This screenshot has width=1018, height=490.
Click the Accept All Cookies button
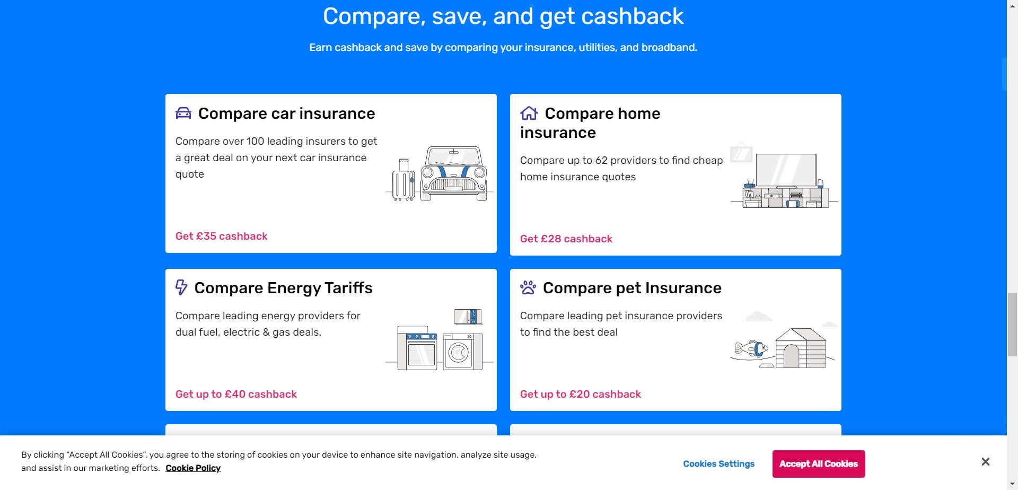click(819, 464)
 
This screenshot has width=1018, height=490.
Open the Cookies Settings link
click(718, 464)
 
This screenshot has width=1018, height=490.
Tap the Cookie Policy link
click(193, 468)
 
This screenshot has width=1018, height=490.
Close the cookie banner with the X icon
click(986, 462)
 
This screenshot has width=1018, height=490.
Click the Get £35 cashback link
click(222, 237)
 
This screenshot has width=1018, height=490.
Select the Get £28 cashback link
click(566, 239)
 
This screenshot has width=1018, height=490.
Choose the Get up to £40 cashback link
click(236, 395)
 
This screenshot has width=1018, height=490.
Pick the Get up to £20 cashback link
click(581, 395)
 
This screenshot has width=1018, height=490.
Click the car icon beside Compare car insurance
click(183, 113)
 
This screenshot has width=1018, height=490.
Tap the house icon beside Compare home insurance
click(529, 113)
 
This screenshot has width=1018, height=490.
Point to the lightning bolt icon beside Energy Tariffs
click(181, 287)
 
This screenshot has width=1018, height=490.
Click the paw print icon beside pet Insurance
click(528, 287)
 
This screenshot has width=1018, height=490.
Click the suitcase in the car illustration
click(403, 180)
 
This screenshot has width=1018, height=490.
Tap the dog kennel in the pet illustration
click(801, 348)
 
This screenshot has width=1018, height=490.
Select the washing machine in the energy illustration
click(459, 352)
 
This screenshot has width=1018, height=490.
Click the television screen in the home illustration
click(786, 170)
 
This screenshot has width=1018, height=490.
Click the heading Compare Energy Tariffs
click(283, 288)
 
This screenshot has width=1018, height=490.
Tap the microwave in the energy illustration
click(468, 317)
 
